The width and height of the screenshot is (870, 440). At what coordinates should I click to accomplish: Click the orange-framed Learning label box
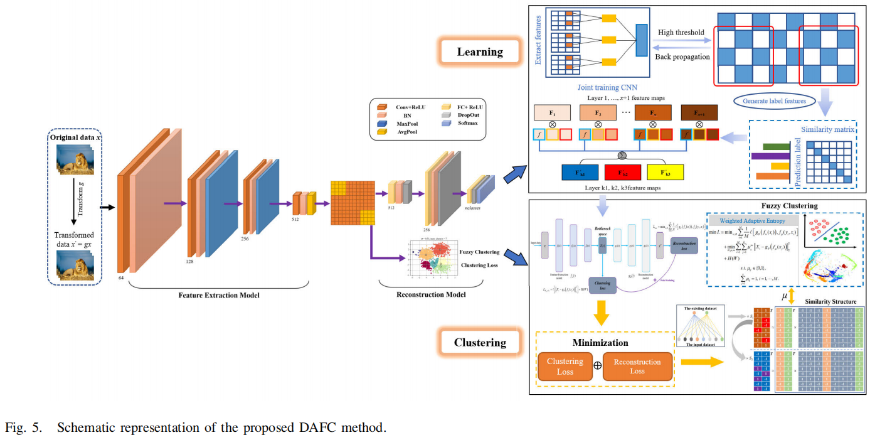480,52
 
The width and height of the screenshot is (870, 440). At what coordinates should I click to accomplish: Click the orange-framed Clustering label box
480,343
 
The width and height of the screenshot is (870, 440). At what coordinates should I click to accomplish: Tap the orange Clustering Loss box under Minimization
565,367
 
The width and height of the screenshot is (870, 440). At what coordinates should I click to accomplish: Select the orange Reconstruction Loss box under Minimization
637,367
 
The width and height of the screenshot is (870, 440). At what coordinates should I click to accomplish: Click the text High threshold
681,32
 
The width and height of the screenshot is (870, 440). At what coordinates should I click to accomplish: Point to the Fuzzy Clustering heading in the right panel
789,205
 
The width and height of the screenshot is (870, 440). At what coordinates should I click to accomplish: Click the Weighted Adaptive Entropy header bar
751,220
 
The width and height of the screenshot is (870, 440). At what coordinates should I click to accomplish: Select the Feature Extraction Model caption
219,294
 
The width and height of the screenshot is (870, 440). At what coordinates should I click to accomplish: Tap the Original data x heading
75,137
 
